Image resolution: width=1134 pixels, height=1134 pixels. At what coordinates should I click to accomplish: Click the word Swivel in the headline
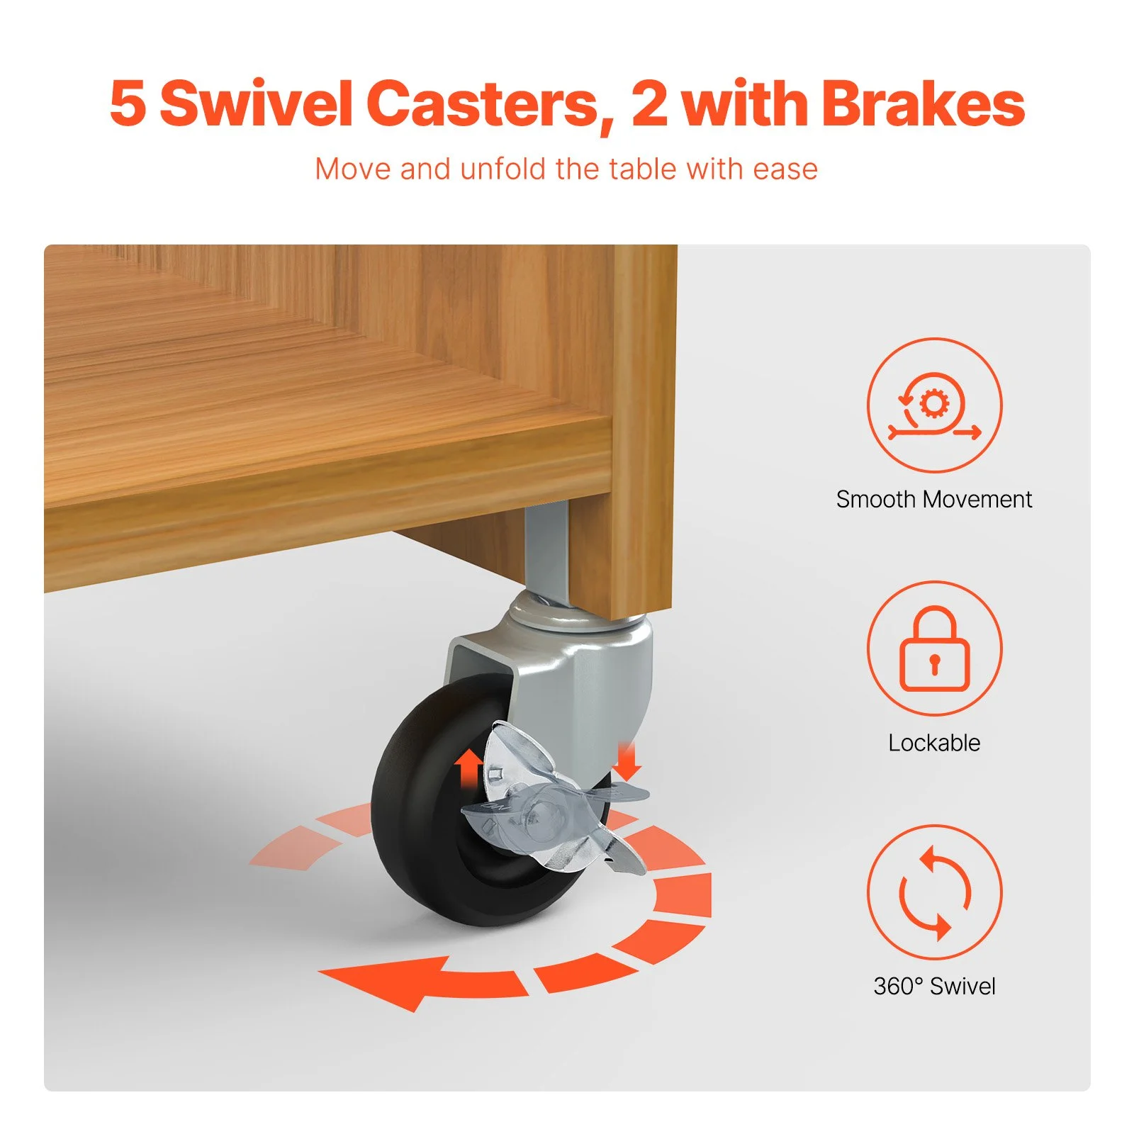click(x=256, y=103)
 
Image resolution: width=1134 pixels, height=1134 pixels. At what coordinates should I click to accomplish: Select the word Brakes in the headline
click(x=923, y=103)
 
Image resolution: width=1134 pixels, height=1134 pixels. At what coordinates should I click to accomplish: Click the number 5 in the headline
click(x=128, y=104)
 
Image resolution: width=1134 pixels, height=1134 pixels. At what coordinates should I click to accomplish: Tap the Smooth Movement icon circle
click(x=934, y=405)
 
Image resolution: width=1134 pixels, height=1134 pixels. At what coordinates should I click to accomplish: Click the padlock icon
click(x=934, y=649)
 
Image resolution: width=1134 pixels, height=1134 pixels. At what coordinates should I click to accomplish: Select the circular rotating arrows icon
click(x=934, y=892)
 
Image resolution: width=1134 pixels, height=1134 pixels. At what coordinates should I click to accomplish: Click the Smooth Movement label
click(x=934, y=499)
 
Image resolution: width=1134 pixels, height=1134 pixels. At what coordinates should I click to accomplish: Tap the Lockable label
click(x=934, y=743)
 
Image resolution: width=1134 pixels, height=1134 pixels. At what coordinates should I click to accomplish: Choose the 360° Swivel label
click(x=934, y=986)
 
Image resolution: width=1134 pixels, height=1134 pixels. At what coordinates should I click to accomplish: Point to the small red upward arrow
click(x=468, y=770)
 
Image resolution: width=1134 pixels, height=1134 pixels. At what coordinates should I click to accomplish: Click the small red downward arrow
click(x=627, y=760)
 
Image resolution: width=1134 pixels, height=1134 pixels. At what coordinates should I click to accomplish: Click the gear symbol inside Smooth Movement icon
click(x=934, y=404)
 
